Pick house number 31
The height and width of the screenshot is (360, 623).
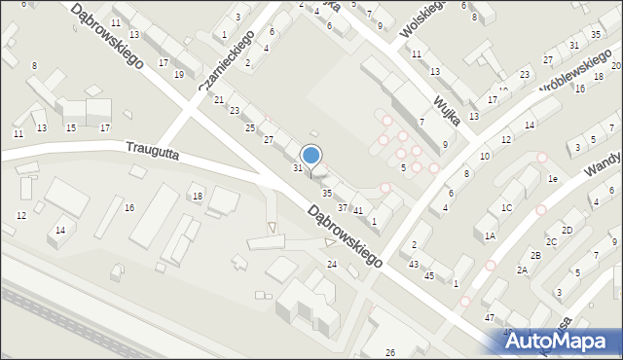(298, 168)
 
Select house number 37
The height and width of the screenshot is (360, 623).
(342, 208)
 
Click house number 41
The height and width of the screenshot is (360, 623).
(358, 211)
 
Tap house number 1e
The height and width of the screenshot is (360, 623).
(552, 179)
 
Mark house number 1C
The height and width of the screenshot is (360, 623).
(506, 208)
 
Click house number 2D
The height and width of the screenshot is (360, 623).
(567, 230)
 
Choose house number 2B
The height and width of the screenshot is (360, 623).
(534, 255)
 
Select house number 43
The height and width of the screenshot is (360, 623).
(414, 265)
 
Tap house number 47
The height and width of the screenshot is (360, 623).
(490, 318)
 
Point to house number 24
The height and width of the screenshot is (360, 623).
(331, 265)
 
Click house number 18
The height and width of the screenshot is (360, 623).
(198, 198)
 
